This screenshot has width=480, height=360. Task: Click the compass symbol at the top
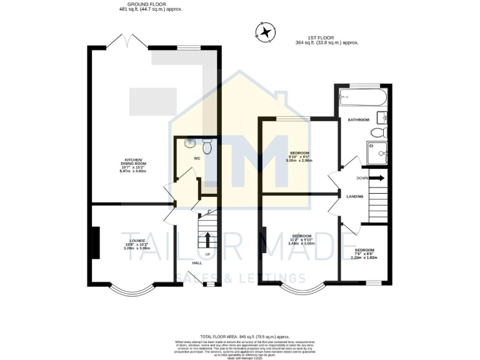click(267, 32)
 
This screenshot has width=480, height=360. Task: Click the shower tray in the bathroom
click(376, 152)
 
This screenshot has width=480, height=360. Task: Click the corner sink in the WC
click(190, 144)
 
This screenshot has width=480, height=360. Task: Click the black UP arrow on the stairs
click(207, 240)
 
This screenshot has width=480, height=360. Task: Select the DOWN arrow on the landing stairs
click(377, 178)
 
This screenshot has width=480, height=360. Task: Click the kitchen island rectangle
click(152, 99)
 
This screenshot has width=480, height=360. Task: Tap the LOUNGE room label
click(137, 241)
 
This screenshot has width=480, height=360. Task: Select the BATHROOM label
click(359, 119)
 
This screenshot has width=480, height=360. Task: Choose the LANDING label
click(355, 197)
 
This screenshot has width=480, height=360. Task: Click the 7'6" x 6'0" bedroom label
click(364, 253)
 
